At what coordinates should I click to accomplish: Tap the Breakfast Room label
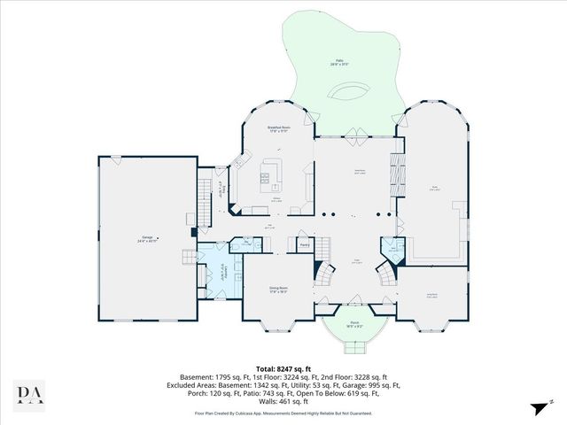[x=279, y=129]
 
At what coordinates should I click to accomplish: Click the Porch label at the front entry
[x=353, y=325]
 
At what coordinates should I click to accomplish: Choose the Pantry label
[x=304, y=245]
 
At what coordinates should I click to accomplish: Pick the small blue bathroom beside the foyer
[x=391, y=251]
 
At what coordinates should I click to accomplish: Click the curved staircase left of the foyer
[x=324, y=274]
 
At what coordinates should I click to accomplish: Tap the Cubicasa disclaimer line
[x=283, y=413]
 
